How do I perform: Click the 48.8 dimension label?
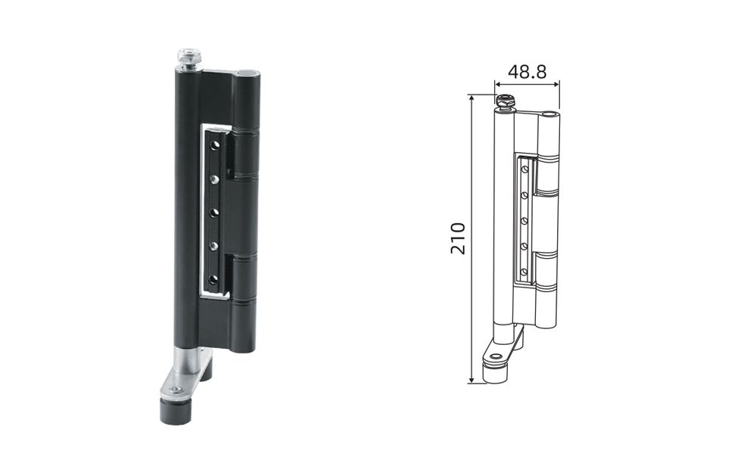coord(528,72)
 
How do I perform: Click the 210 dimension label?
coord(458,238)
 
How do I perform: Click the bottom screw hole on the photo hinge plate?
coord(214,279)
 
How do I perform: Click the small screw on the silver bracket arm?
coord(176,390)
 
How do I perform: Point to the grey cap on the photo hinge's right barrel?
coord(248,73)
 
